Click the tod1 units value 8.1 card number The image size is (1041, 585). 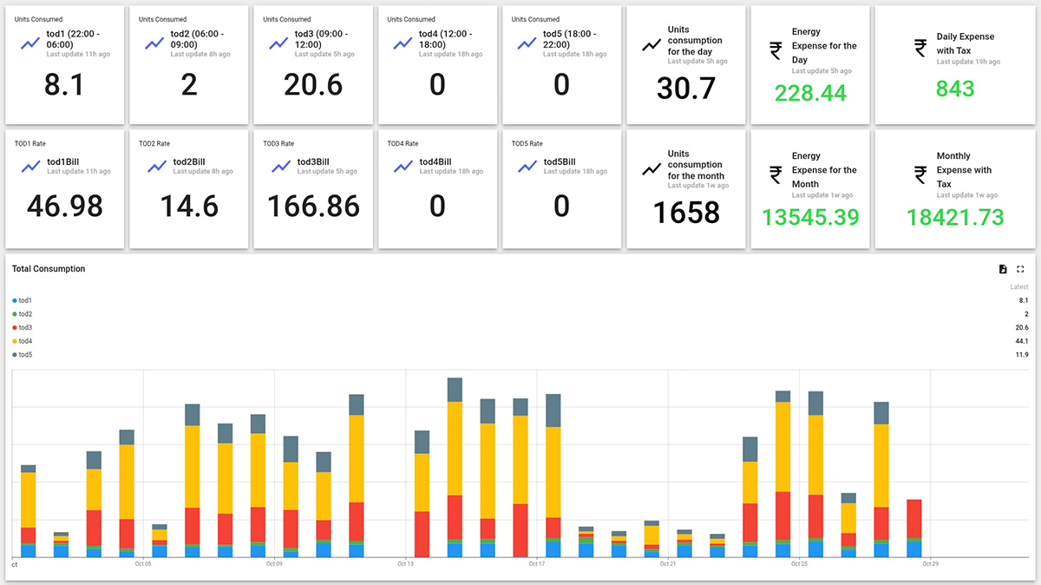point(64,84)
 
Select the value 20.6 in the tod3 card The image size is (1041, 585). point(313,84)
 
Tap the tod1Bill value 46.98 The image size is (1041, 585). point(64,206)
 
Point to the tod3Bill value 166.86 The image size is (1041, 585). point(313,206)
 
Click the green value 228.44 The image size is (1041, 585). point(810,93)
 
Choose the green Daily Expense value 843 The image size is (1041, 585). point(955,89)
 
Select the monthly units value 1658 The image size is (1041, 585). point(686,212)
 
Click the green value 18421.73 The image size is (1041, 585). point(955,217)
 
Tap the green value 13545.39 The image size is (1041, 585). point(810,217)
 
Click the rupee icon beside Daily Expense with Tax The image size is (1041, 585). point(920,49)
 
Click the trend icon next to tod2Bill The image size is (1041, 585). point(156,167)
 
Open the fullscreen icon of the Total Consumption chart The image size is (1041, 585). point(1020,269)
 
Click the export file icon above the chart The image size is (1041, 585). point(1003,269)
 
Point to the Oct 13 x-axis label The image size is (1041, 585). point(405,564)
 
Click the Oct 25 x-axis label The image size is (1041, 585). point(799,564)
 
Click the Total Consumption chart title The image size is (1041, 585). point(49,269)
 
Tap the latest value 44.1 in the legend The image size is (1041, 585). point(1021,341)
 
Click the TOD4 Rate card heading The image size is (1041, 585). point(403,143)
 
